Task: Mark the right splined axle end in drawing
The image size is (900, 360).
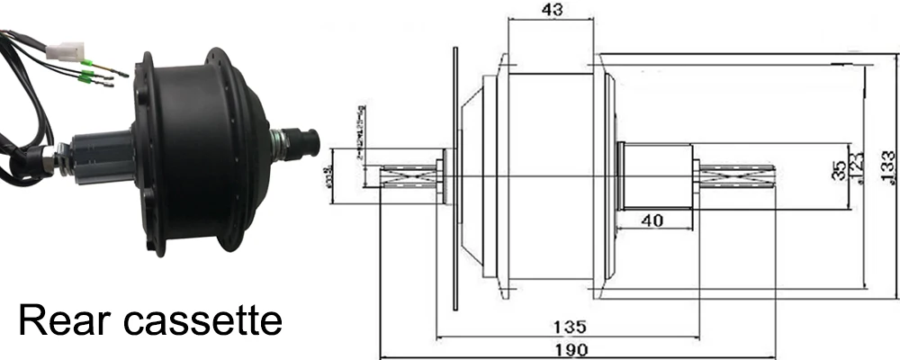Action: click(727, 177)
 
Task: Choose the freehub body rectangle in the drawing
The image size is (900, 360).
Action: click(654, 176)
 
